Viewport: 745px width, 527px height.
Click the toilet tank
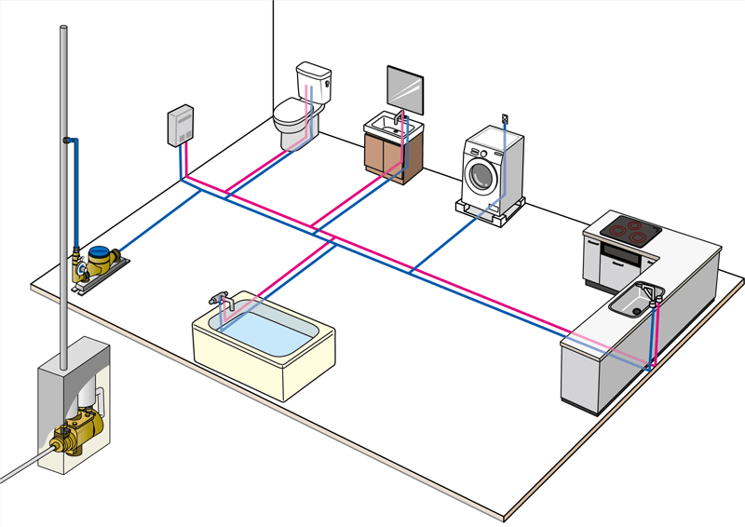[314, 84]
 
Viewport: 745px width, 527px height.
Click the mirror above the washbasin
[405, 89]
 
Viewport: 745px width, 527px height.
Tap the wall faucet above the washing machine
[505, 118]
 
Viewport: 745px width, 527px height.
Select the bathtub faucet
[220, 300]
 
